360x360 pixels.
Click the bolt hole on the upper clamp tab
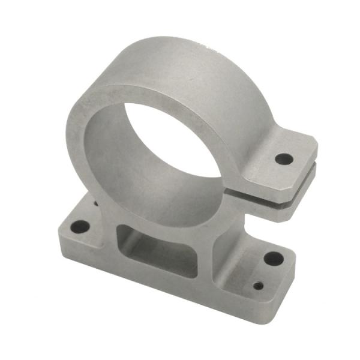(x=284, y=160)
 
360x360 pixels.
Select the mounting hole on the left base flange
(x=80, y=227)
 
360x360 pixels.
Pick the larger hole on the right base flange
(x=274, y=259)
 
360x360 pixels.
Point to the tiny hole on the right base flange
(x=258, y=286)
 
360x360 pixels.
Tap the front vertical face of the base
(x=162, y=288)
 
